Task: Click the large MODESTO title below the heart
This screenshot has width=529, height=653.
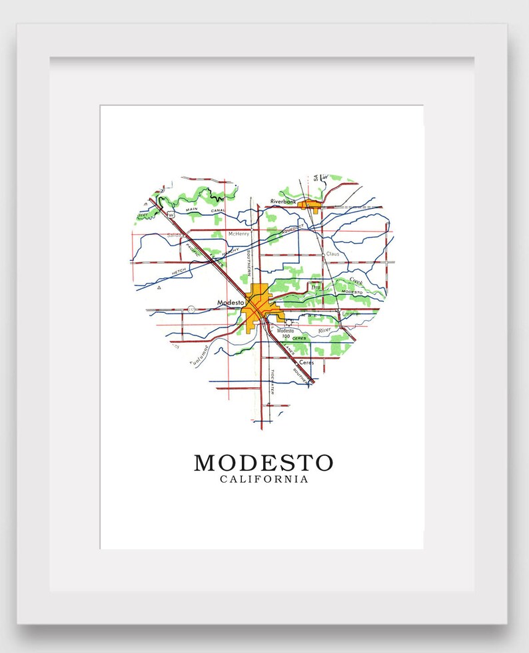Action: point(263,462)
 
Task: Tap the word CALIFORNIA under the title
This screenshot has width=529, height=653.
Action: point(264,479)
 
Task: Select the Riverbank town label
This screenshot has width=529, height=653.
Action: point(282,200)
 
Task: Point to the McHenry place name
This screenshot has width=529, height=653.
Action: point(239,234)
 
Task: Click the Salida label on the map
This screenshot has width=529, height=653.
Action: point(175,235)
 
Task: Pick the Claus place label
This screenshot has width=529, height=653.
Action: point(332,254)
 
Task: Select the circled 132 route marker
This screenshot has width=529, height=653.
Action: point(191,309)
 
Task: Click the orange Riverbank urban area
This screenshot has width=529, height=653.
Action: point(310,205)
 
